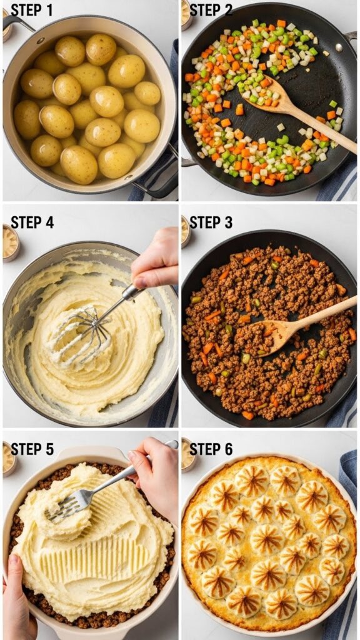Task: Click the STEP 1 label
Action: [x=32, y=10]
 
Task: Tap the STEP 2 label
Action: [x=211, y=10]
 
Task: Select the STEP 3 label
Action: [x=211, y=222]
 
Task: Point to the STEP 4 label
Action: [x=32, y=222]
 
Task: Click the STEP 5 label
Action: [x=32, y=449]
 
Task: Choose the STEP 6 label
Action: [x=211, y=449]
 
